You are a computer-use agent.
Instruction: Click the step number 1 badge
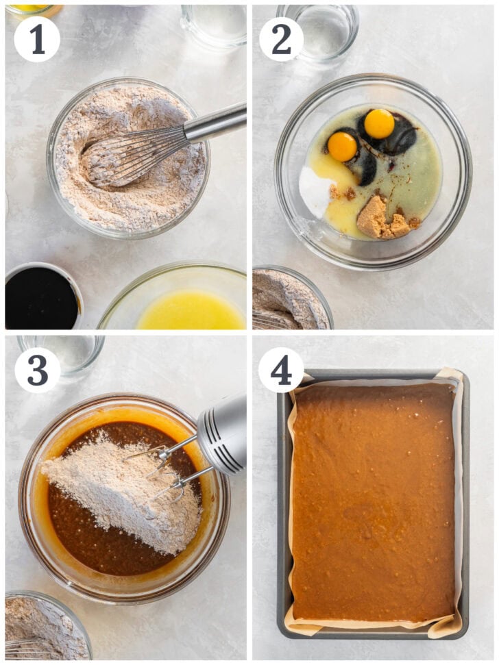tap(37, 40)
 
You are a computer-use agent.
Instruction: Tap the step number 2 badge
tap(281, 40)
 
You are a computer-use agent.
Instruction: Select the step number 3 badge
tap(38, 371)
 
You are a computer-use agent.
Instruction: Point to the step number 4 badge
tap(281, 371)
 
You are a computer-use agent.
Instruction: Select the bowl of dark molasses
tap(43, 296)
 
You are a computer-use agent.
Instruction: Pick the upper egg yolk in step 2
tap(379, 124)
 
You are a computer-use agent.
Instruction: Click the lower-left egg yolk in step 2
tap(342, 147)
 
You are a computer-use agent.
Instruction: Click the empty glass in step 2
tap(318, 31)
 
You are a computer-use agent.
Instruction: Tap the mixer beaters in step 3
tap(165, 470)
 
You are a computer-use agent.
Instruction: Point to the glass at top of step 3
tap(61, 354)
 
